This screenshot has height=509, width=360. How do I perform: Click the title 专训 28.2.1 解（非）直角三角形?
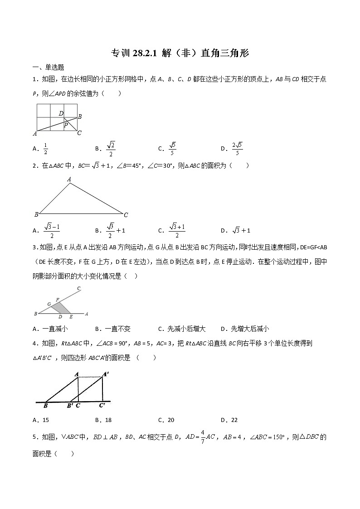pyautogui.click(x=180, y=53)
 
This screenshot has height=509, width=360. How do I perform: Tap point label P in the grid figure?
pyautogui.click(x=65, y=125)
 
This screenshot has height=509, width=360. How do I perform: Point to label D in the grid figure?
pyautogui.click(x=61, y=113)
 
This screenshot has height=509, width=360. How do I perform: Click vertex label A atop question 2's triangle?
pyautogui.click(x=69, y=179)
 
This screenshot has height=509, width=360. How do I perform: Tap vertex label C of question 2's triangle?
pyautogui.click(x=126, y=214)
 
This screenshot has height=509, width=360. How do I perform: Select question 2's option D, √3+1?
pyautogui.click(x=241, y=230)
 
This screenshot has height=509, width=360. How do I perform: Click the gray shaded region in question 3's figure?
pyautogui.click(x=60, y=308)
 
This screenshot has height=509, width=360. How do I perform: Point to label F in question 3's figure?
pyautogui.click(x=57, y=300)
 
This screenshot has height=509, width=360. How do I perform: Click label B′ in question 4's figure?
pyautogui.click(x=70, y=406)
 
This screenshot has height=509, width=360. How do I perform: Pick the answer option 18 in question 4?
pyautogui.click(x=108, y=420)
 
